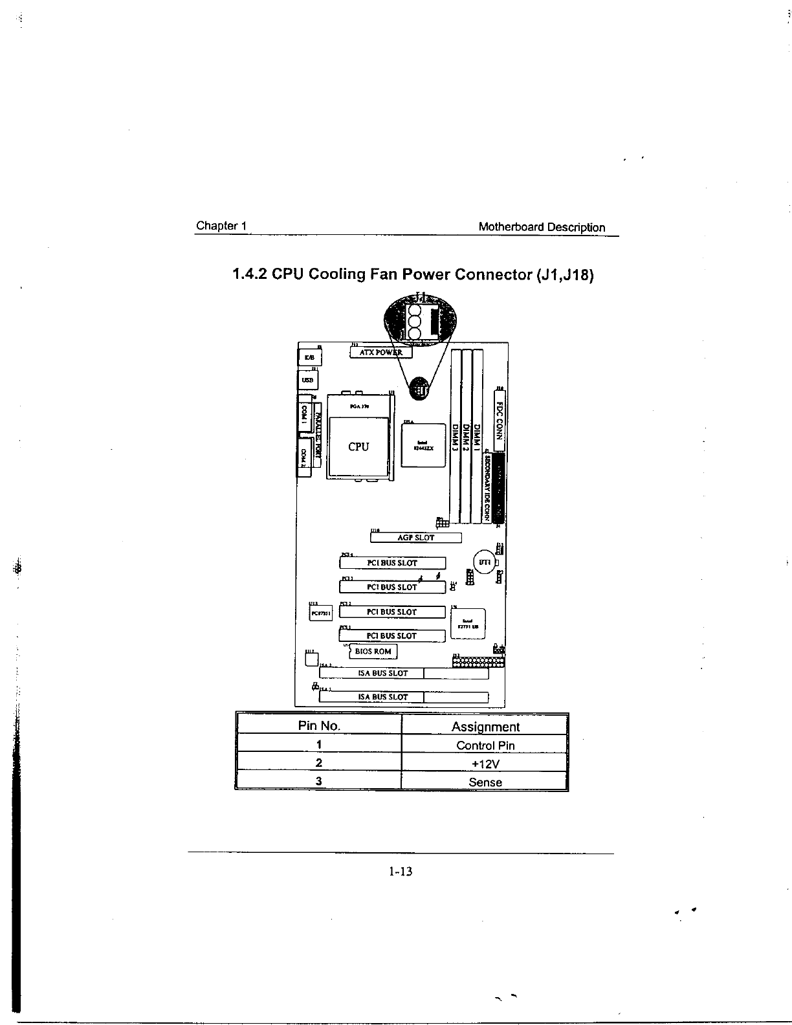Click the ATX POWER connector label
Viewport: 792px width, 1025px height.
pos(380,353)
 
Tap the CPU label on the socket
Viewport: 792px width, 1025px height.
pos(358,446)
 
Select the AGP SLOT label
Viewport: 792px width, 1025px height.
pos(415,538)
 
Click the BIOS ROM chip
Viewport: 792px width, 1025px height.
pos(373,652)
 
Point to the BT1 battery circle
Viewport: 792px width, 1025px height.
pos(485,562)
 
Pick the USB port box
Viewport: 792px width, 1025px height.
pos(308,380)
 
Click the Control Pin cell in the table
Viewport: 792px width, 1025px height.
pos(485,745)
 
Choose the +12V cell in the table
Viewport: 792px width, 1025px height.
pos(485,764)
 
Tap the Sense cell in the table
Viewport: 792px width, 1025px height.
pos(485,782)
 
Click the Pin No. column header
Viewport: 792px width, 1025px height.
pos(319,726)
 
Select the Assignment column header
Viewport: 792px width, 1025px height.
pos(485,727)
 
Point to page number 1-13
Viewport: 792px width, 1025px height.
pos(401,872)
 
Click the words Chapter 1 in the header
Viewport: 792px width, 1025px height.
pos(221,226)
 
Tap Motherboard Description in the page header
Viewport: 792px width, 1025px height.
pos(542,227)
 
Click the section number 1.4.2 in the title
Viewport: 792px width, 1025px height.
pos(249,274)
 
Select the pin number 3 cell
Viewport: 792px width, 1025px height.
pos(319,781)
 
